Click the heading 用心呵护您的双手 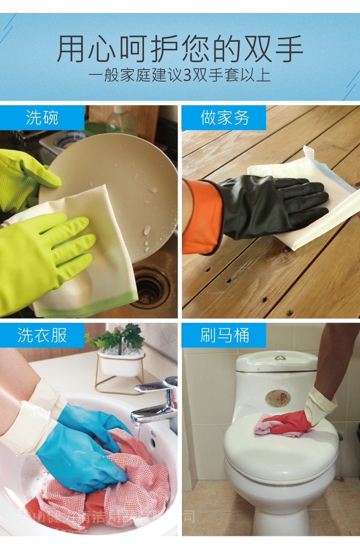coord(180,49)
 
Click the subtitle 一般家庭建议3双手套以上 coord(180,75)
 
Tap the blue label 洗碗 coord(42,118)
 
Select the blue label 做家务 coord(224,118)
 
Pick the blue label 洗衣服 coord(42,335)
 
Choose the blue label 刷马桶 coord(224,335)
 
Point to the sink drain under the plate coord(150,287)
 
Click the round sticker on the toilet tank coord(276,397)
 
